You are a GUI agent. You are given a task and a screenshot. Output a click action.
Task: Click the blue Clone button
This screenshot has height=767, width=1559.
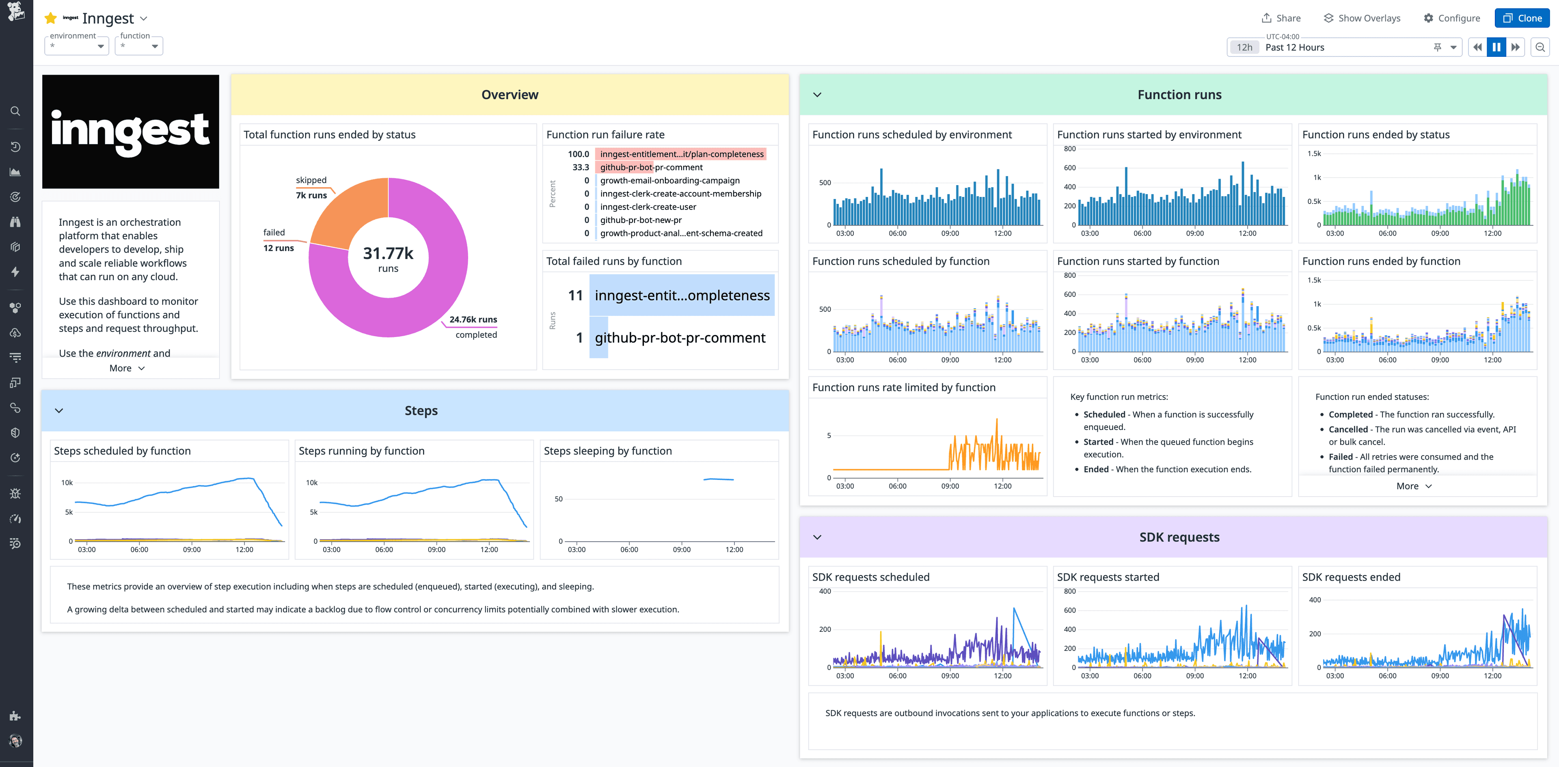click(x=1522, y=18)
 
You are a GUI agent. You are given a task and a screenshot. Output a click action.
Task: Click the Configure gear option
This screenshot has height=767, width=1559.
click(x=1451, y=18)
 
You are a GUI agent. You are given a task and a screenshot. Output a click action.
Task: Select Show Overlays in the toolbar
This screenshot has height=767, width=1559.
click(x=1362, y=18)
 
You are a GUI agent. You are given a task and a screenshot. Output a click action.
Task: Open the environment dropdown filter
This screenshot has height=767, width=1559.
click(x=77, y=46)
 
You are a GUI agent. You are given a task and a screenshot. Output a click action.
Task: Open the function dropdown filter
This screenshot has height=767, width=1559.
click(x=139, y=46)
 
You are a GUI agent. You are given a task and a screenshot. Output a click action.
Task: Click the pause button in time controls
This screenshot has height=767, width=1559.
click(x=1496, y=47)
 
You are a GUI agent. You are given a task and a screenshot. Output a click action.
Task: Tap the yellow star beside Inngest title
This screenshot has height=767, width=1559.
click(x=51, y=19)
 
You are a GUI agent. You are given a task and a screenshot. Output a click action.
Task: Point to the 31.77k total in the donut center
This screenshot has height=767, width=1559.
click(x=388, y=253)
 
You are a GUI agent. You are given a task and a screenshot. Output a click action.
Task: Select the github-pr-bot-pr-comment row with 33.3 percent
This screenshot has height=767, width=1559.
click(x=651, y=167)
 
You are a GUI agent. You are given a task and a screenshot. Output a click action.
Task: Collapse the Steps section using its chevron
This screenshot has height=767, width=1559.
click(x=59, y=411)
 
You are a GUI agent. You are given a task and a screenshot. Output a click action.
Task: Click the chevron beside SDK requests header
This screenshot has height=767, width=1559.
click(x=817, y=537)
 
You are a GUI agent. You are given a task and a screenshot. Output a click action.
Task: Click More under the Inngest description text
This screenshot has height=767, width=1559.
click(x=127, y=368)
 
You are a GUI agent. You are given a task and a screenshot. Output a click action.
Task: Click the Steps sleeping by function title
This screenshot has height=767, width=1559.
click(x=608, y=451)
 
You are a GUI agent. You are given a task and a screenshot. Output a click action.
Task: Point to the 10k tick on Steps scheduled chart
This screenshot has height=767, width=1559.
click(x=67, y=482)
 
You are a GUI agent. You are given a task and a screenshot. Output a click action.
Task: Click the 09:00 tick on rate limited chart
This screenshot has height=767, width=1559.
click(x=950, y=486)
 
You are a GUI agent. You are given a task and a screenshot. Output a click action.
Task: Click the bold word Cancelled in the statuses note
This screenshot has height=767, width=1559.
click(x=1348, y=429)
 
